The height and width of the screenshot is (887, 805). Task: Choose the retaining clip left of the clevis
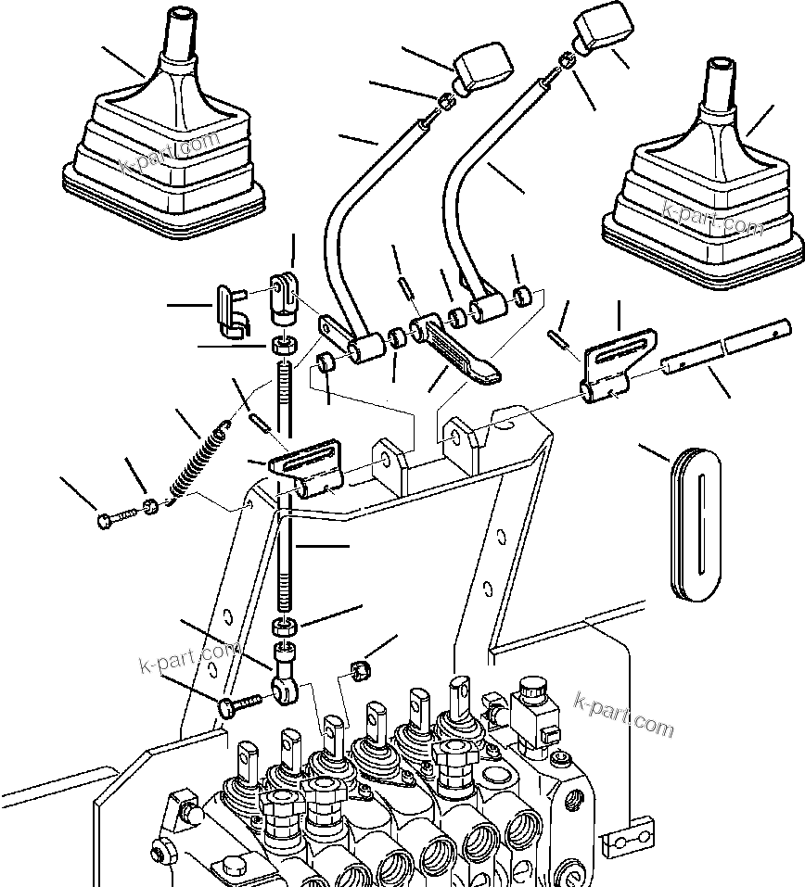[x=228, y=308]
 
